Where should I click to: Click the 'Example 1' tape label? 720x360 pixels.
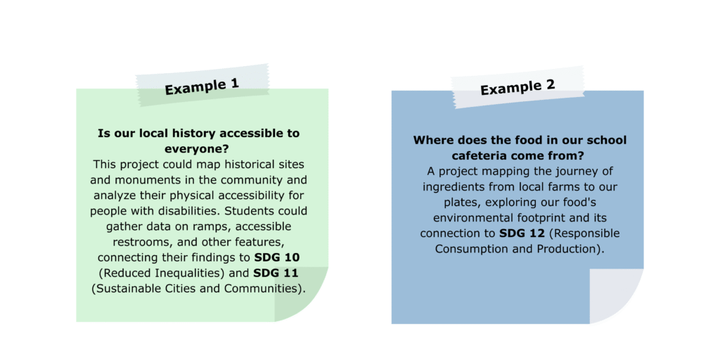[202, 85]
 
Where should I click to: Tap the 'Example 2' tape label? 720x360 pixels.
[518, 87]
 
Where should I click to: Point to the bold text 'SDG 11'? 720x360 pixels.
[276, 274]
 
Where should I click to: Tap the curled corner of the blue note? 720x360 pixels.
[616, 296]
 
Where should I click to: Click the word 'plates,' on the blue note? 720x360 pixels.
[461, 203]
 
